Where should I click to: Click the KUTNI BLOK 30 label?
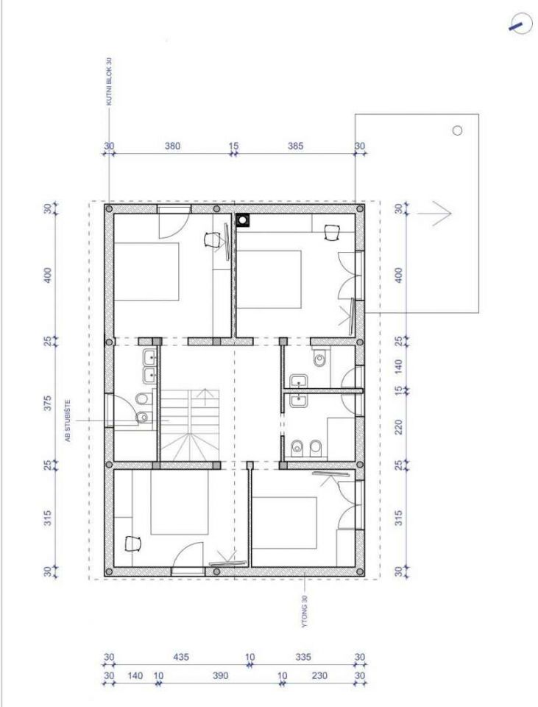tap(109, 82)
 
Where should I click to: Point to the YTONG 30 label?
tap(305, 611)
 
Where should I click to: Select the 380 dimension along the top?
tap(172, 146)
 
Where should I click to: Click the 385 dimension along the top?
tap(296, 146)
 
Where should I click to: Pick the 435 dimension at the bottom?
tap(181, 657)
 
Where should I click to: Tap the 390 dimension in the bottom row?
tap(220, 675)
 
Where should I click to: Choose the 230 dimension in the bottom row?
tap(319, 675)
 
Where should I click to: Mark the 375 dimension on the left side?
tap(49, 403)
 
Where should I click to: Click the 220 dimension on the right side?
tap(398, 427)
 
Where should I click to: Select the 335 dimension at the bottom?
tap(302, 657)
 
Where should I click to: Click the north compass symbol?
tap(520, 24)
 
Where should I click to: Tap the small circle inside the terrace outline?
tap(457, 131)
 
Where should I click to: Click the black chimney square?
tap(243, 219)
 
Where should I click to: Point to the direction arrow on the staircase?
tap(206, 396)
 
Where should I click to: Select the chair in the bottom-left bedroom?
tap(132, 543)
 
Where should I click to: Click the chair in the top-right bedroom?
tap(332, 232)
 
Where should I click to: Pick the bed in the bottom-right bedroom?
tap(284, 523)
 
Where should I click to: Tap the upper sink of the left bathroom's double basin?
tap(149, 358)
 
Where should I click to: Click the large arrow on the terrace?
tap(434, 213)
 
